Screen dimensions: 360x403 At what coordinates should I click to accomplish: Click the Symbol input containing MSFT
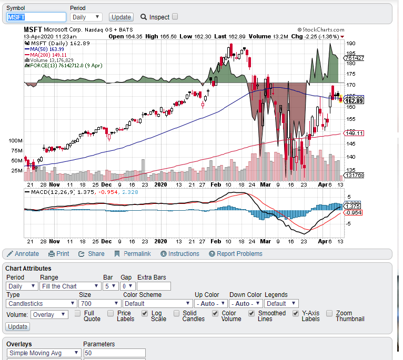36,17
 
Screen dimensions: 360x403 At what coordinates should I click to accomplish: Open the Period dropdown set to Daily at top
86,17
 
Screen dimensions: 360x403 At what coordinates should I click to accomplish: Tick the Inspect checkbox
175,16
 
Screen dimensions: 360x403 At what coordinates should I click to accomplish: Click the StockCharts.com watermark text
321,30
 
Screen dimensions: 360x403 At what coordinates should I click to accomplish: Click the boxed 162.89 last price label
354,100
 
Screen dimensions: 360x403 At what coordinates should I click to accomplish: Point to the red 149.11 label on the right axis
354,133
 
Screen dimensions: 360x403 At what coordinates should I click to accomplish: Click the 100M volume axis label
15,141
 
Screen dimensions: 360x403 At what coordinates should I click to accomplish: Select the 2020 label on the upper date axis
160,185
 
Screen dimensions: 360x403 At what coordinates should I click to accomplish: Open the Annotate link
23,254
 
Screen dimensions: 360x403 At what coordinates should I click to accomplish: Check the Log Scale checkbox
145,313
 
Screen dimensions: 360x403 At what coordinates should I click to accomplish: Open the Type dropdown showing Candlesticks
41,303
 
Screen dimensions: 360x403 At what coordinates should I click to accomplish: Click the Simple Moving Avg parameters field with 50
114,353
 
